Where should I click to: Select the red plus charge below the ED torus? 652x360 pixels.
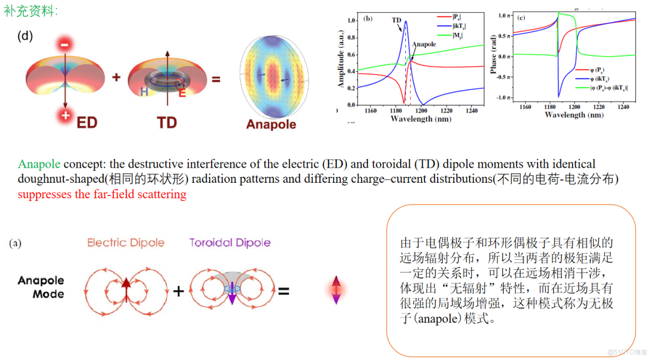[x=65, y=115]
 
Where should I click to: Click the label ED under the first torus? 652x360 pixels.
[x=87, y=122]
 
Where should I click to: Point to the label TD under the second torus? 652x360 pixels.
[x=167, y=122]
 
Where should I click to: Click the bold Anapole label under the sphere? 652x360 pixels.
[x=271, y=124]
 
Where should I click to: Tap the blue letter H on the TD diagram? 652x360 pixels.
[x=144, y=92]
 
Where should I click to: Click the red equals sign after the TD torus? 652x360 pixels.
[x=216, y=79]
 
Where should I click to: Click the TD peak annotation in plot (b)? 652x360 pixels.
[x=396, y=20]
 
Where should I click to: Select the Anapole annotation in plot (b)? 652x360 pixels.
[x=424, y=44]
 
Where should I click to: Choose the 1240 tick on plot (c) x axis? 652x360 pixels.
[x=622, y=107]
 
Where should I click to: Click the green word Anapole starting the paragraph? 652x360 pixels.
[x=39, y=164]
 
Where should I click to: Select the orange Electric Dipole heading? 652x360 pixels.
[x=126, y=243]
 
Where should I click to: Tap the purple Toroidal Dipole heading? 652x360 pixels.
[x=230, y=243]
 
